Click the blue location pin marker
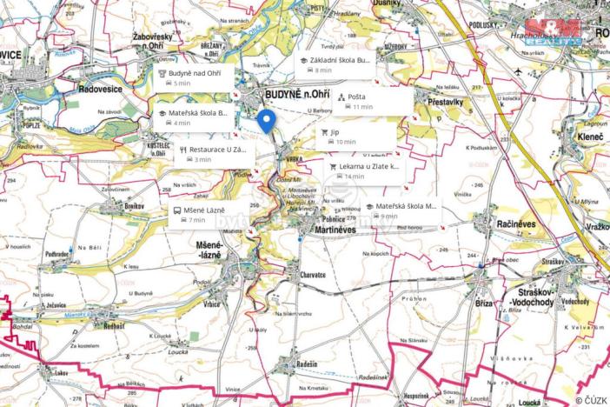[268, 121]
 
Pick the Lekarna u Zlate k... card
[366, 170]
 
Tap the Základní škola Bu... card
[335, 65]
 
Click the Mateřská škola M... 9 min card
[401, 210]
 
